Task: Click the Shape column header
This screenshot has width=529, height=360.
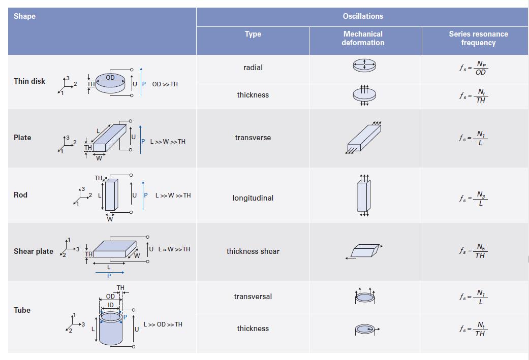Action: [x=24, y=16]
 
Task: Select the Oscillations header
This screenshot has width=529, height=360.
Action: [x=362, y=16]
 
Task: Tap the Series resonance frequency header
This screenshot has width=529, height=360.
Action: [x=478, y=38]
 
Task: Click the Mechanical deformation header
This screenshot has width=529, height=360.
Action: [x=362, y=38]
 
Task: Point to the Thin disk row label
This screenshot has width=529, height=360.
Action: [x=29, y=81]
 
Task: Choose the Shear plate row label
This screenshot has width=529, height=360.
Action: [x=33, y=251]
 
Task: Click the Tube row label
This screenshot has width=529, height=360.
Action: [x=22, y=310]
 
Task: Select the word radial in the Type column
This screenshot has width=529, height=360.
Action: [x=253, y=68]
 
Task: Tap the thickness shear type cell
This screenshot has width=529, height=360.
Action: [x=253, y=251]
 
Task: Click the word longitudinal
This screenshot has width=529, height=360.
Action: [x=253, y=198]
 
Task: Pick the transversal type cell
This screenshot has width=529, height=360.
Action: [x=253, y=297]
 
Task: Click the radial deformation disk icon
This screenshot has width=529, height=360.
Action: [x=364, y=65]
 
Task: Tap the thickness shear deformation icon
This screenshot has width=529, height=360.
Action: [x=364, y=251]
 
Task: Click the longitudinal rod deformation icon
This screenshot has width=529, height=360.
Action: [x=364, y=195]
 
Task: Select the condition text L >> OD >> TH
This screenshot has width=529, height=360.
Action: [x=163, y=324]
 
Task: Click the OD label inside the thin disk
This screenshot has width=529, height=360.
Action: [x=110, y=78]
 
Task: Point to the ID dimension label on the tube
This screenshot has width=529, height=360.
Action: [x=110, y=305]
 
